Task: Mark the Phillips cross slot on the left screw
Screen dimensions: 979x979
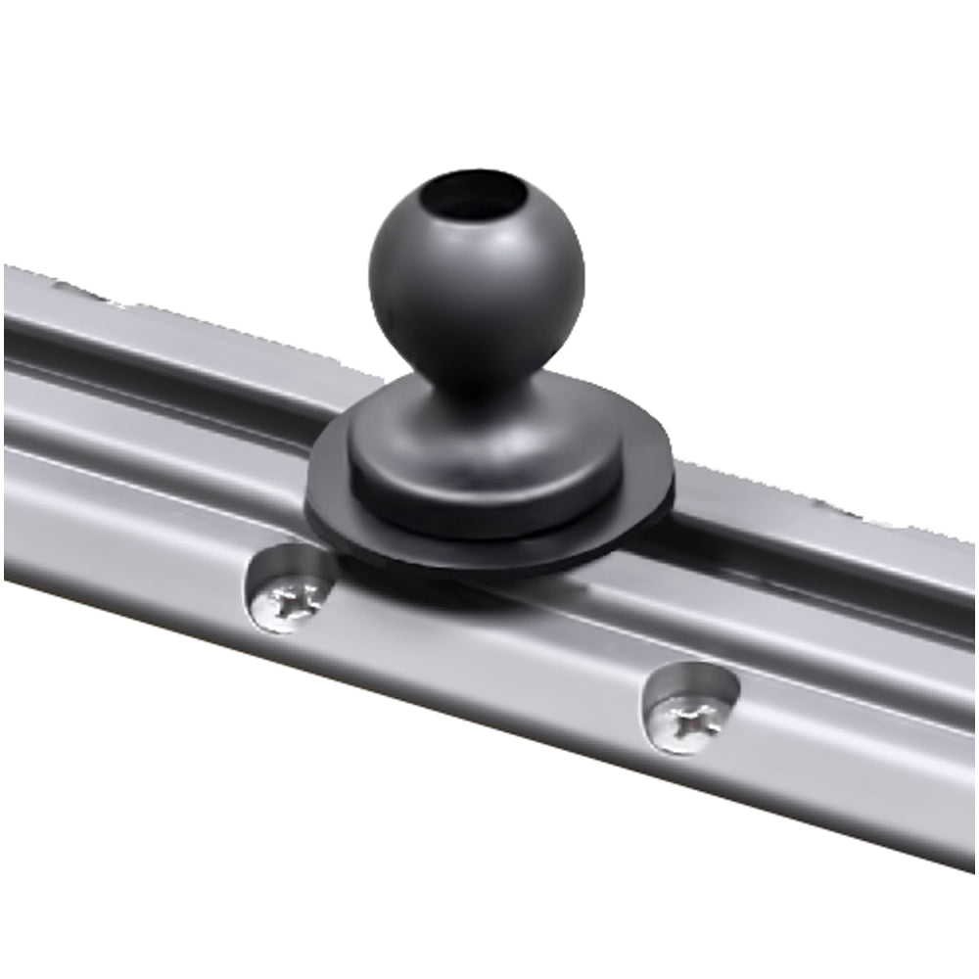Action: point(294,599)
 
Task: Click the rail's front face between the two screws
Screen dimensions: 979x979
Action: point(489,666)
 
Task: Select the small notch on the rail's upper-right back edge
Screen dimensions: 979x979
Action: point(832,509)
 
